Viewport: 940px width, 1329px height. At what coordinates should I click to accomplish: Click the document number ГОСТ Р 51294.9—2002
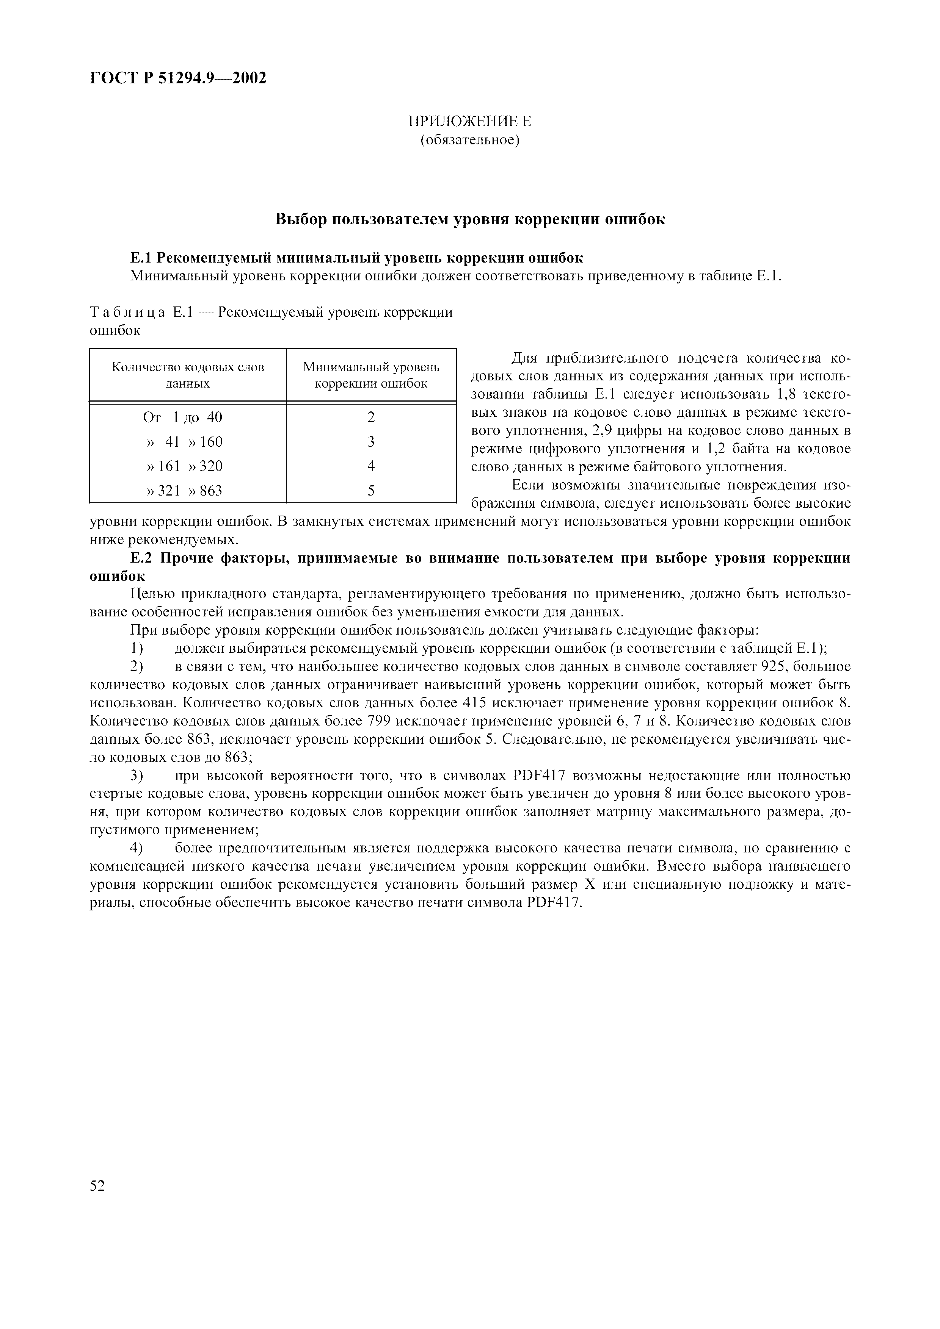[178, 78]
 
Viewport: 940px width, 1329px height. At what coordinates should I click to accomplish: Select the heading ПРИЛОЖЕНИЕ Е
[470, 122]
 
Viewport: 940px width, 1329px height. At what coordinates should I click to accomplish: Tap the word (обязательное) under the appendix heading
[470, 140]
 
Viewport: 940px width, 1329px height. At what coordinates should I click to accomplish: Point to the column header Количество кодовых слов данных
[188, 375]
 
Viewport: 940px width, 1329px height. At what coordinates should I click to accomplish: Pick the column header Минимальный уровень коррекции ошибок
[371, 375]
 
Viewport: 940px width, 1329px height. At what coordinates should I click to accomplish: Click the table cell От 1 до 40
[182, 417]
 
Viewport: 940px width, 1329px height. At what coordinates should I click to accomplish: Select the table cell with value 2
[371, 417]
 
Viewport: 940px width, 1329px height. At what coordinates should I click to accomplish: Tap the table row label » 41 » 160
[185, 442]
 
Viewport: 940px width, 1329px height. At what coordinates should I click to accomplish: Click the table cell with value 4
[371, 466]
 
